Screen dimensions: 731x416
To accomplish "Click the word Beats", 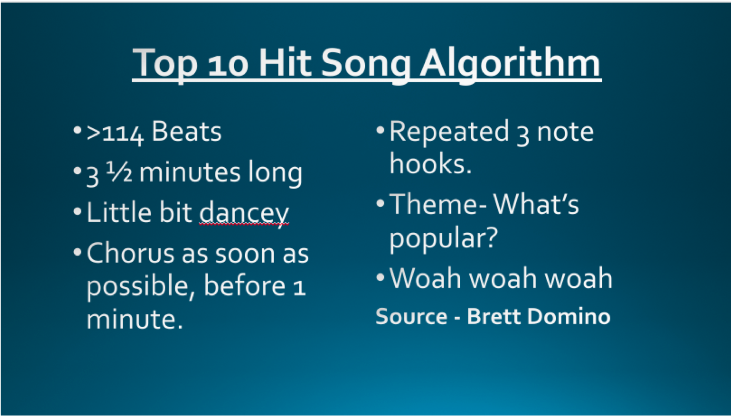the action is pos(187,132).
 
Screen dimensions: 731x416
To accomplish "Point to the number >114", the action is pos(115,133).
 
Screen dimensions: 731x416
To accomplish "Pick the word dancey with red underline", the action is pos(244,214).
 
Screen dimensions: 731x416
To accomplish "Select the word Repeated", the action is pos(449,132).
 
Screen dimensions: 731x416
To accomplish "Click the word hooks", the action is pos(430,163).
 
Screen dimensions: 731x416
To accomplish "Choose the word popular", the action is pos(443,238).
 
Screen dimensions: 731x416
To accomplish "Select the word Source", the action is pos(412,316).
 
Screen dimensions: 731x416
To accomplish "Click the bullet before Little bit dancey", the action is pos(77,211).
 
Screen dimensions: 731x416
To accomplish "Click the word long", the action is pos(275,173).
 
